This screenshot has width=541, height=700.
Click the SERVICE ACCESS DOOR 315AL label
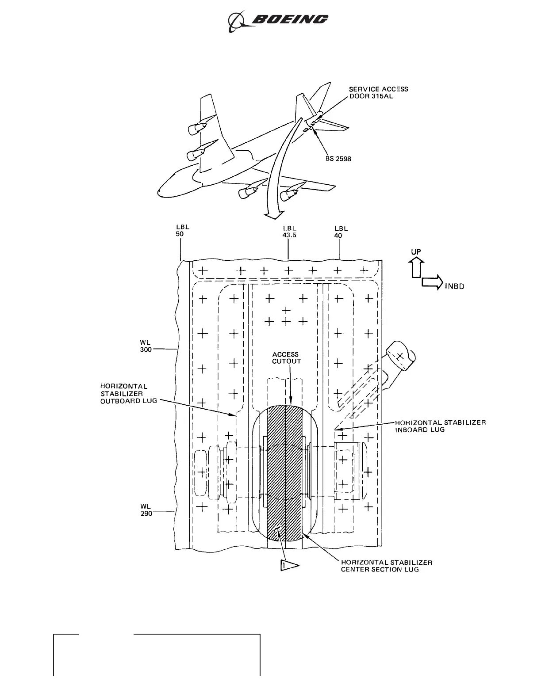point(378,92)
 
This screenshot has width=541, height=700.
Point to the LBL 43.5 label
point(289,232)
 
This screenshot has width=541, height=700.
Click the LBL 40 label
point(341,232)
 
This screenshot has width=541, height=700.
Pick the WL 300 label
point(146,346)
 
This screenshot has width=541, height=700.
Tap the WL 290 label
point(146,510)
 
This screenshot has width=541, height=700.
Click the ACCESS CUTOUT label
point(286,358)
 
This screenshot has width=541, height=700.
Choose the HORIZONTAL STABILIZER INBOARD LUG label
point(440,426)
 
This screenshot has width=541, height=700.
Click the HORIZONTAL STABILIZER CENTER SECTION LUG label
point(386,566)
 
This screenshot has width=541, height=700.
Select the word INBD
point(454,286)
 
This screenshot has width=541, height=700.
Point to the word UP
point(416,252)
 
